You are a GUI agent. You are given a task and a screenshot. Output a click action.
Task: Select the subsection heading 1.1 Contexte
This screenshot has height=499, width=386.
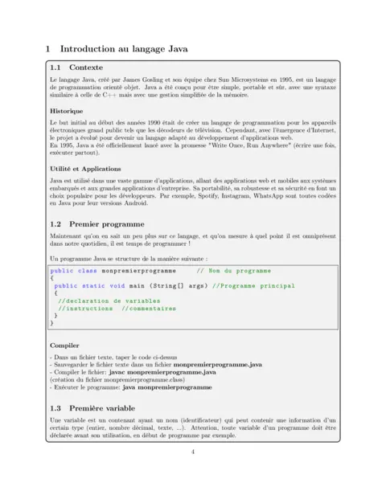77,67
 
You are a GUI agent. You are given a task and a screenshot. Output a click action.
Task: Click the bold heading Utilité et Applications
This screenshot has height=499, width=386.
88,169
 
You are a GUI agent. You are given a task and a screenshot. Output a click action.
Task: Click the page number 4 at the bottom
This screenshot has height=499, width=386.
193,452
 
